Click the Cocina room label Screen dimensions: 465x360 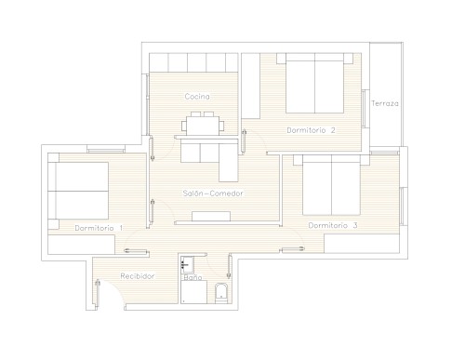tap(197, 97)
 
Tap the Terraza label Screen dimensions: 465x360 tap(385, 103)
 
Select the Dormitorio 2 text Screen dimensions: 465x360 tap(311, 130)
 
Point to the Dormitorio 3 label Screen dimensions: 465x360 tap(333, 225)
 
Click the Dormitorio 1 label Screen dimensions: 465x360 tap(99, 228)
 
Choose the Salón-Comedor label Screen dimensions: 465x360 tap(213, 193)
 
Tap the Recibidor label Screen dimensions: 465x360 tap(138, 276)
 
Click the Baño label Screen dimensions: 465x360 tap(193, 277)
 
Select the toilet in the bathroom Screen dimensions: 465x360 tap(221, 293)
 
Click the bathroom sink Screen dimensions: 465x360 tap(187, 265)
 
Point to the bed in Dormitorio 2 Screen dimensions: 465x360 tap(314, 83)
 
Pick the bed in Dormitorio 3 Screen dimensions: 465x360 tap(331, 185)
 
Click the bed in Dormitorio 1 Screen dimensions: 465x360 tap(78, 191)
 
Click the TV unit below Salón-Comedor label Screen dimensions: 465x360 tap(211, 216)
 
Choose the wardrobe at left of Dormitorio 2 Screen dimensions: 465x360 tap(251, 86)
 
